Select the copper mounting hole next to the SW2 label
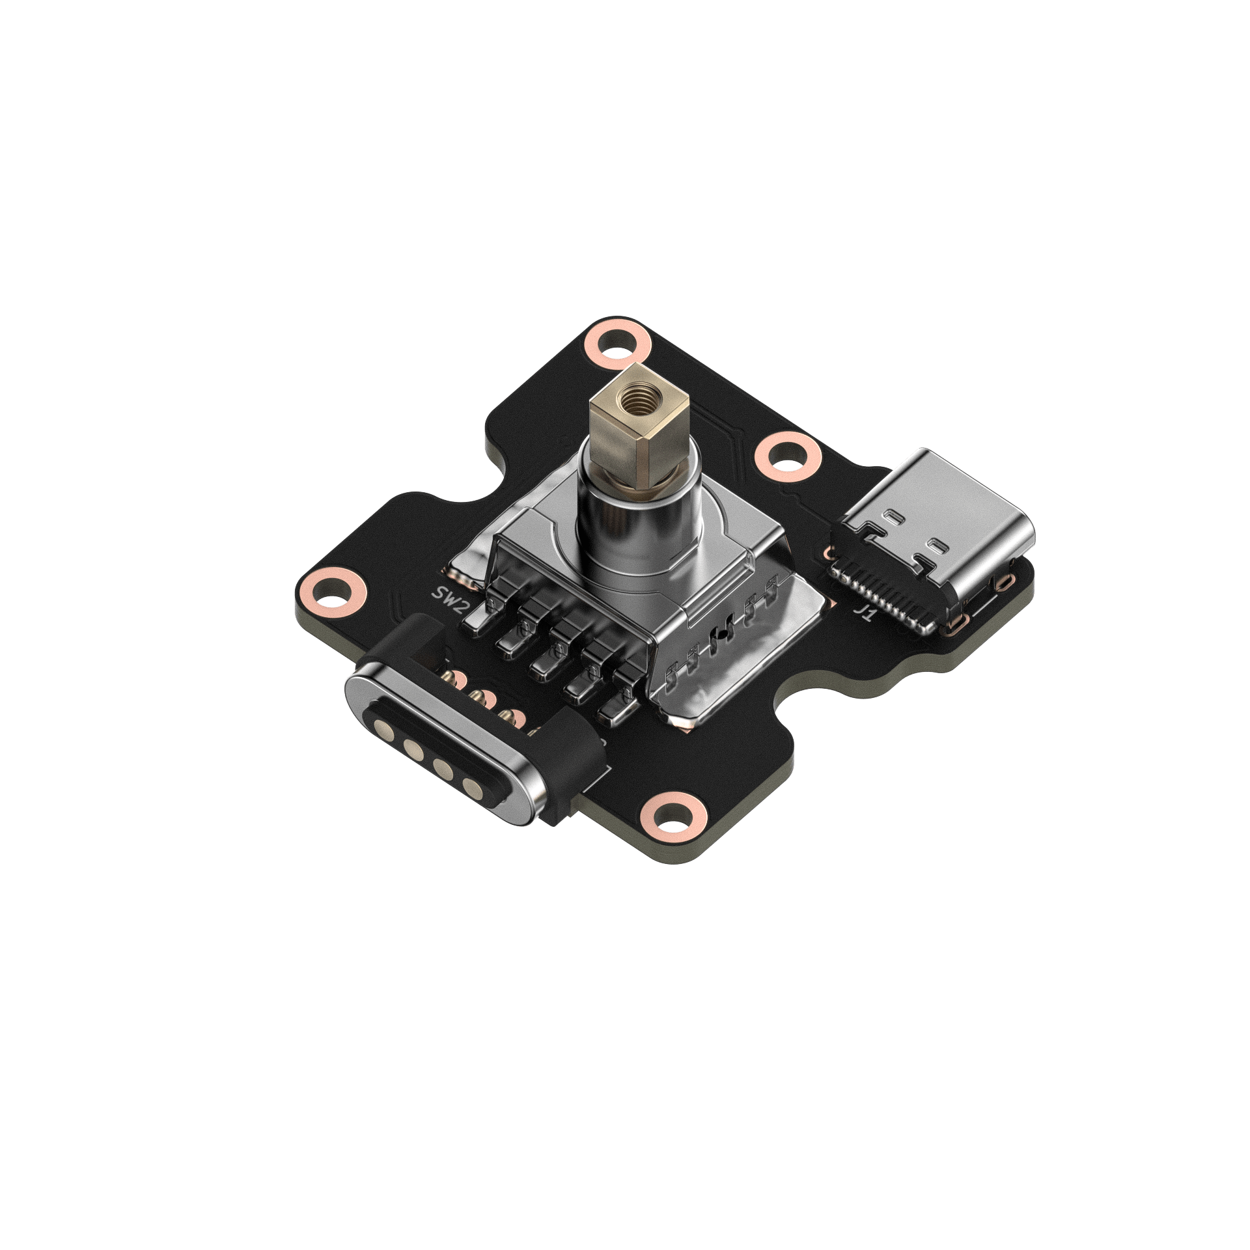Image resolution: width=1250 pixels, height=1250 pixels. (x=332, y=592)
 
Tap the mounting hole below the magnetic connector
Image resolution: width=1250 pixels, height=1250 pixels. (x=673, y=815)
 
